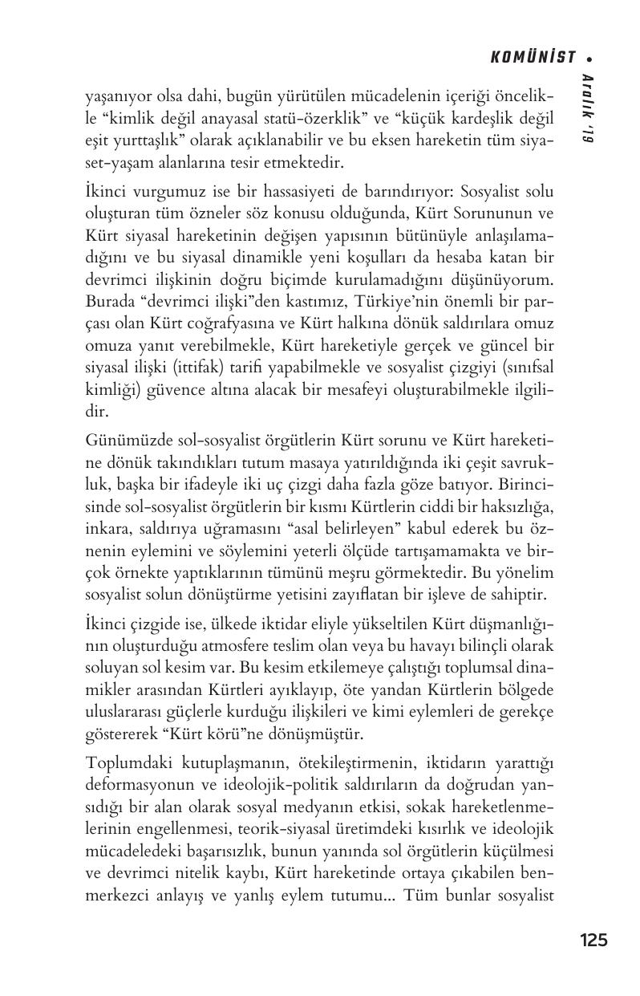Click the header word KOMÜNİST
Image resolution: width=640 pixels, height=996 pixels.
coord(533,57)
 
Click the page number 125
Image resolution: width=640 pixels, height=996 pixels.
coord(593,941)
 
